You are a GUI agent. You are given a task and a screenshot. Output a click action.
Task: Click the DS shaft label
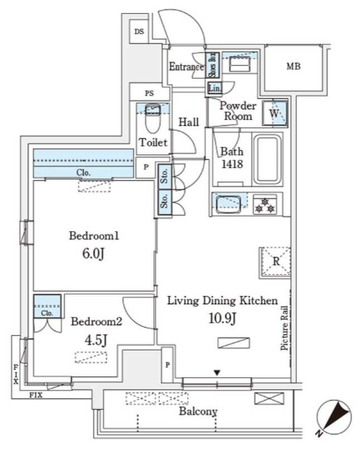tap(139, 32)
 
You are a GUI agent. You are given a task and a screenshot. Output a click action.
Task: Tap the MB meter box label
tap(294, 67)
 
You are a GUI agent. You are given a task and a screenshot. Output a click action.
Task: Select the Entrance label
tap(186, 67)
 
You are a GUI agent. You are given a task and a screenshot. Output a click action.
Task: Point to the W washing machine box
tap(275, 113)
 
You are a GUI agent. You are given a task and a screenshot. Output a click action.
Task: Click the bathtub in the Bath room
tap(268, 160)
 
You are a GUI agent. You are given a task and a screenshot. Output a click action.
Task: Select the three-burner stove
tap(264, 205)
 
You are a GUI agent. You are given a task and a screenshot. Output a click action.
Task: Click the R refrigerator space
tap(275, 262)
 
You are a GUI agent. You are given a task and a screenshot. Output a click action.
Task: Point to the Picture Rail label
tap(285, 328)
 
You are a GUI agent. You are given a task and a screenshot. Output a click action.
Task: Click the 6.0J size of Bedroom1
tap(93, 254)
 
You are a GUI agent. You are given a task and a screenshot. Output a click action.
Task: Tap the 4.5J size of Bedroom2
tap(96, 340)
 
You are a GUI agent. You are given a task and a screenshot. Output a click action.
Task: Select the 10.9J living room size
tap(222, 318)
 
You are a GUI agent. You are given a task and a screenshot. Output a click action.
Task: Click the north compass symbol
tap(334, 417)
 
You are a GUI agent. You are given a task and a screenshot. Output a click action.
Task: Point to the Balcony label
tap(198, 411)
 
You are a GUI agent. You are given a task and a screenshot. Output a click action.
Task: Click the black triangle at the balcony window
tap(217, 372)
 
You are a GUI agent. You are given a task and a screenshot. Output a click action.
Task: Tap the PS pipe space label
tap(149, 93)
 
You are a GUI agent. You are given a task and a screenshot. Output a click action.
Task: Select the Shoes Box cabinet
tap(212, 65)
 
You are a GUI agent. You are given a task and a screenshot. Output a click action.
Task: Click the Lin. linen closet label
tap(214, 88)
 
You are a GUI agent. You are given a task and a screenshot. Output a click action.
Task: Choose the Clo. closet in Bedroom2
tap(47, 306)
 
